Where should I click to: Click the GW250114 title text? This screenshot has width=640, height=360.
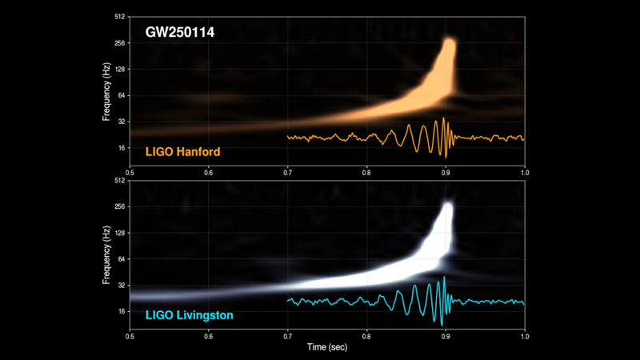coord(178,34)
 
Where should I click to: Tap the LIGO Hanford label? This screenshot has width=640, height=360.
coord(182,151)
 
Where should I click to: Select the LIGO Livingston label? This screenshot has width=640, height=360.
coord(189,315)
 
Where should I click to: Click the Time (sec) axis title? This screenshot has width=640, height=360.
coord(327,349)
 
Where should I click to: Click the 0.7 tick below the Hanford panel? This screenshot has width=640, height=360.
coord(287,172)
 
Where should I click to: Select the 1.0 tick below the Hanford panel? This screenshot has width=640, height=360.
coord(525,172)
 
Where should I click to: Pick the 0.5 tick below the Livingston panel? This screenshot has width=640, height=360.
coord(130,336)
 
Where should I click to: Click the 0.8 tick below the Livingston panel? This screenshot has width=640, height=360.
coord(366,336)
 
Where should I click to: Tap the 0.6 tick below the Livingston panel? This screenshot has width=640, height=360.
coord(209,336)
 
